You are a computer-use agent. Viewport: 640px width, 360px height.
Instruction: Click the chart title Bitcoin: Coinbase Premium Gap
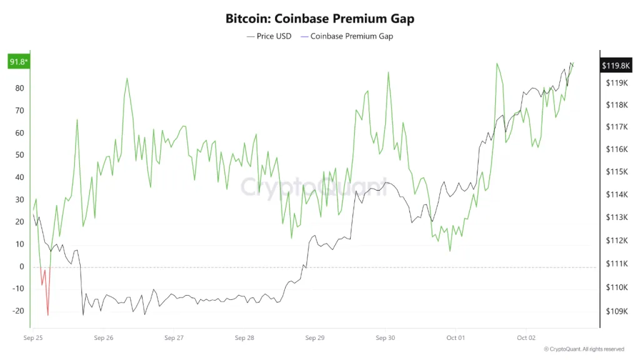[319, 19]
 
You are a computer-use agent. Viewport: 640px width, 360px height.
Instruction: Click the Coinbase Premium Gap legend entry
[347, 36]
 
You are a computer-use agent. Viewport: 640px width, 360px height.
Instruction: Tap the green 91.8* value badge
[18, 62]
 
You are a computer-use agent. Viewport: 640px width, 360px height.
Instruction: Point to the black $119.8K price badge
[615, 66]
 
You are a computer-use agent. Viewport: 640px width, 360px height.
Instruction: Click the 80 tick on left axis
[19, 88]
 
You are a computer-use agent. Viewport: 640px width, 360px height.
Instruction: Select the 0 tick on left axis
[21, 267]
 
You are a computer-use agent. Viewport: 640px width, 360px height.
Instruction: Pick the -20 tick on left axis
[18, 311]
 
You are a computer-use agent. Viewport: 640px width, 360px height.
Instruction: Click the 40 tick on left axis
[19, 177]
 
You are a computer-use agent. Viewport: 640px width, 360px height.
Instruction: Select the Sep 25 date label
[33, 338]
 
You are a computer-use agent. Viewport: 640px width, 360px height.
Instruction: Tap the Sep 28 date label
[244, 338]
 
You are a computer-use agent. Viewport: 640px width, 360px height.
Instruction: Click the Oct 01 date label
[456, 338]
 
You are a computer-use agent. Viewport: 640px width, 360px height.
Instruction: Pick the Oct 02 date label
[526, 338]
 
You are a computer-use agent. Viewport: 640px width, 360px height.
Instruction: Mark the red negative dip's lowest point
[48, 314]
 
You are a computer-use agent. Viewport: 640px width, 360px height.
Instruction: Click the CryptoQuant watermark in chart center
[314, 186]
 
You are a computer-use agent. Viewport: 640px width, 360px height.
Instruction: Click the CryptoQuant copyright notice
[584, 349]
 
